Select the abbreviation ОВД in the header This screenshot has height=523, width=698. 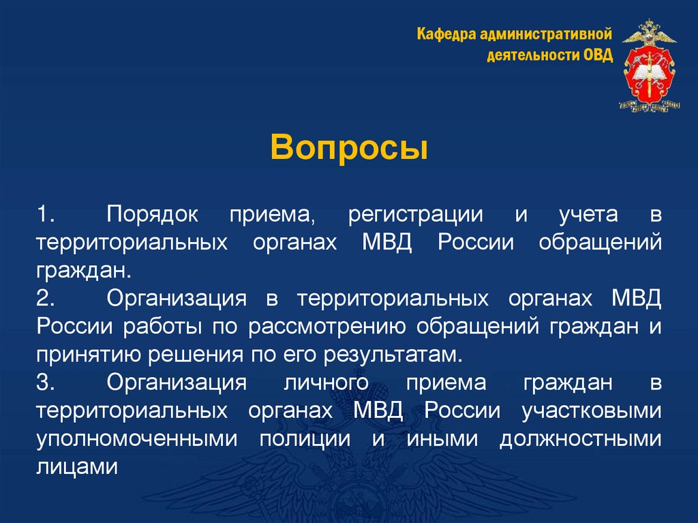(x=598, y=55)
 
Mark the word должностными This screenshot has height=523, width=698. (x=580, y=439)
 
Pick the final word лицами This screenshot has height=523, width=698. (x=78, y=466)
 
